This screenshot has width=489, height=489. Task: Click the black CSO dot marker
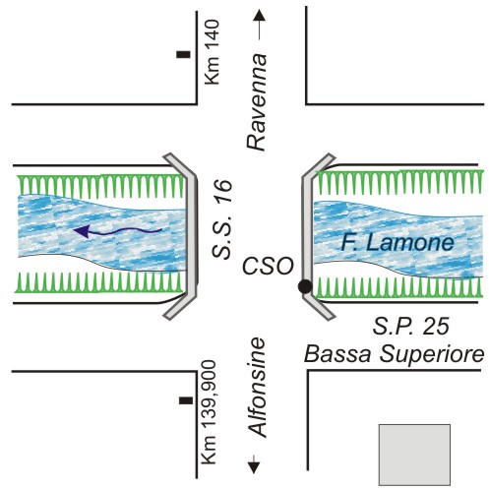click(305, 286)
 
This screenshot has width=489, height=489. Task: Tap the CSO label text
click(268, 266)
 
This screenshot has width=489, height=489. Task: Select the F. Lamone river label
click(397, 243)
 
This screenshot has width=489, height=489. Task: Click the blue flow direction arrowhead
click(82, 231)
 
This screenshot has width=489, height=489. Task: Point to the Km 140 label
click(212, 52)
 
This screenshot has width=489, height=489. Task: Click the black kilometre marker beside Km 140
click(183, 54)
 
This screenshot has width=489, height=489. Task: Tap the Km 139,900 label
click(209, 412)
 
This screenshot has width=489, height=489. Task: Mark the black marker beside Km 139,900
click(186, 400)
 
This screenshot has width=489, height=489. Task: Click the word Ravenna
click(257, 101)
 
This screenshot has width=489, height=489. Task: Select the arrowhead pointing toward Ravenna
click(260, 15)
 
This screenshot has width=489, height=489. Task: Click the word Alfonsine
click(257, 387)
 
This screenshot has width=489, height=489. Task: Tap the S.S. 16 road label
click(222, 219)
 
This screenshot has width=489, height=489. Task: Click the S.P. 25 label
click(410, 326)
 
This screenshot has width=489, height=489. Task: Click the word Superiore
click(432, 355)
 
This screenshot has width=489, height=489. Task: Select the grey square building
click(414, 455)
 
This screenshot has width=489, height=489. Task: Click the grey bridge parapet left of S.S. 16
click(193, 235)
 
